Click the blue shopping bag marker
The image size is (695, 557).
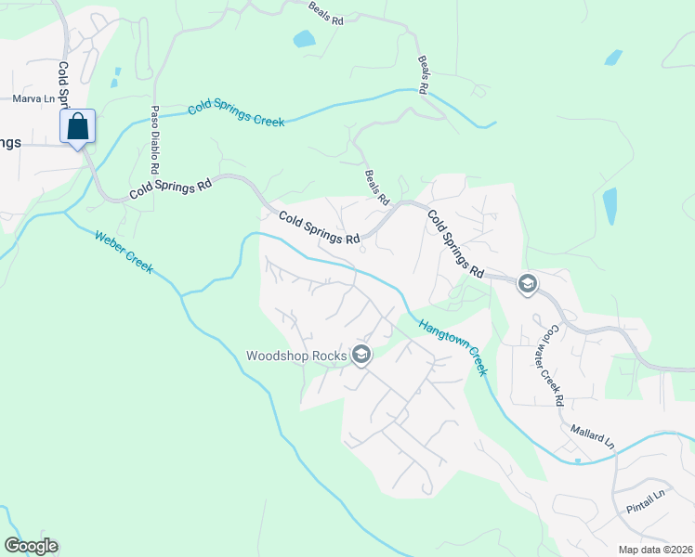coord(78,126)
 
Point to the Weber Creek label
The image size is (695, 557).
coord(124,251)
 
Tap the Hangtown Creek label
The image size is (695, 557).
coord(452,347)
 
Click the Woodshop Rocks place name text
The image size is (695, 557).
coord(295,355)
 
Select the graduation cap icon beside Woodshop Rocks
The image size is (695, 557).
coord(361,355)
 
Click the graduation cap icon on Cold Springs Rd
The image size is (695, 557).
coord(527,283)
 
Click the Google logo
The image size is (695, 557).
coord(31,546)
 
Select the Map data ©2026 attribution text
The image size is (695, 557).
coord(656,550)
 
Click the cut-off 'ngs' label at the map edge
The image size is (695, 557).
coord(9,142)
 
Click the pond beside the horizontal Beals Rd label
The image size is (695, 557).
coord(304,39)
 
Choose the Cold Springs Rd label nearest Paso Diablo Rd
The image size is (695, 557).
coord(170,187)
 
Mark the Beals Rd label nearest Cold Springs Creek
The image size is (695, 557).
coord(424,74)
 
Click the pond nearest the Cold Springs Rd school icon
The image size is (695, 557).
coord(610,206)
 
